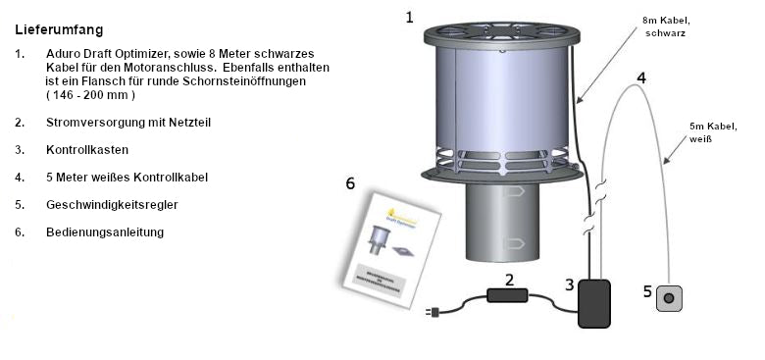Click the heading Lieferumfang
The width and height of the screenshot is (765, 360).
[59, 30]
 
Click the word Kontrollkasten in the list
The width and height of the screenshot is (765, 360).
[87, 150]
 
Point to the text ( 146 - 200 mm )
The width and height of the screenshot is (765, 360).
[90, 95]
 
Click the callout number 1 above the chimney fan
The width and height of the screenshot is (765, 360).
[409, 17]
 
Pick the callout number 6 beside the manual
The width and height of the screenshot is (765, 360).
[350, 183]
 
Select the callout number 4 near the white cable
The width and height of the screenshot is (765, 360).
[640, 77]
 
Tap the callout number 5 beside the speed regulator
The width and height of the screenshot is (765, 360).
[646, 290]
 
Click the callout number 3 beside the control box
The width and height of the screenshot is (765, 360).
[570, 284]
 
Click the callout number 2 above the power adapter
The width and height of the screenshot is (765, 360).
[508, 279]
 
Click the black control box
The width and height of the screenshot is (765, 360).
[593, 303]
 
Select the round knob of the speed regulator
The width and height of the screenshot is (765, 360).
[670, 297]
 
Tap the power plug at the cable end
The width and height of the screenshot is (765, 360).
[433, 313]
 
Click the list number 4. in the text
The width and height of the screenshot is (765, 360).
[20, 178]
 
